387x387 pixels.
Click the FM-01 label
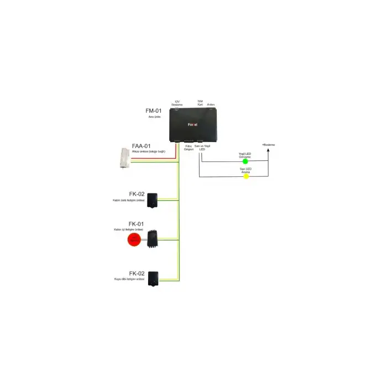coord(154,111)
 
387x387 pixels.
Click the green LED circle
coord(245,161)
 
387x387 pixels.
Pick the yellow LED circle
coord(246,177)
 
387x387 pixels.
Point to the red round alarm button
coord(134,240)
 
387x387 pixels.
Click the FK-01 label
coord(137,223)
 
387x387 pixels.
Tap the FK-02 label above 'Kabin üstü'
coord(137,194)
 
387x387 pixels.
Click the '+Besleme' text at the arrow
coord(268,144)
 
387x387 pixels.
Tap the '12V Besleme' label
coord(177,103)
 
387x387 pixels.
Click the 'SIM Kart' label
coord(200,103)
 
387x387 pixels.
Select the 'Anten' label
coord(211,104)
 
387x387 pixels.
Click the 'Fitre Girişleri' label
coord(189,148)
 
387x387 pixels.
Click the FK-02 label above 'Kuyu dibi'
coord(137,274)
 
